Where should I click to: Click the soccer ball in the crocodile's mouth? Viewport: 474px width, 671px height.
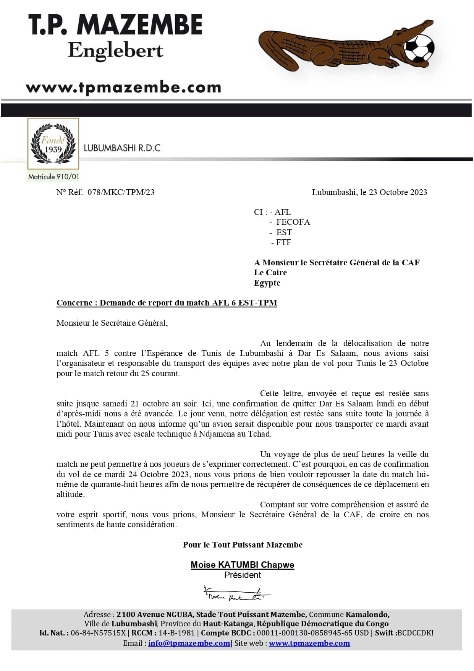[x=419, y=48]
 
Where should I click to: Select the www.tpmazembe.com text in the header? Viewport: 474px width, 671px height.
[x=123, y=87]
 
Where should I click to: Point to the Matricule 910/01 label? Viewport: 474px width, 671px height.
[x=53, y=177]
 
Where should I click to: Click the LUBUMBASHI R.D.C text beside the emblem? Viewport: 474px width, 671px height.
[x=122, y=148]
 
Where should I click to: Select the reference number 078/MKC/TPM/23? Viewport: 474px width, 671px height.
[x=121, y=192]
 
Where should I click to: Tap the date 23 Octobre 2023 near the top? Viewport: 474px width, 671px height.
[x=398, y=192]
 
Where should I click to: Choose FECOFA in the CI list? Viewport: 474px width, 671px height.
[x=293, y=222]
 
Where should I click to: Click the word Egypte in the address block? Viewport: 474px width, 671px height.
[x=267, y=283]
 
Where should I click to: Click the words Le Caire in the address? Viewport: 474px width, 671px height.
[x=270, y=273]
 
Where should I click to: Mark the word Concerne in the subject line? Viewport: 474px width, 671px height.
[x=74, y=303]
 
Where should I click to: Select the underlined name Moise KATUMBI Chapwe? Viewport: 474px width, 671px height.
[x=242, y=565]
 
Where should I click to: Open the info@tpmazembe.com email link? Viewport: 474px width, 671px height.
[x=189, y=643]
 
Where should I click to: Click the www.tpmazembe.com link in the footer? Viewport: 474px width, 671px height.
[x=309, y=643]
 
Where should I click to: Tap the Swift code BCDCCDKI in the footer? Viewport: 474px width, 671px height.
[x=415, y=633]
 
